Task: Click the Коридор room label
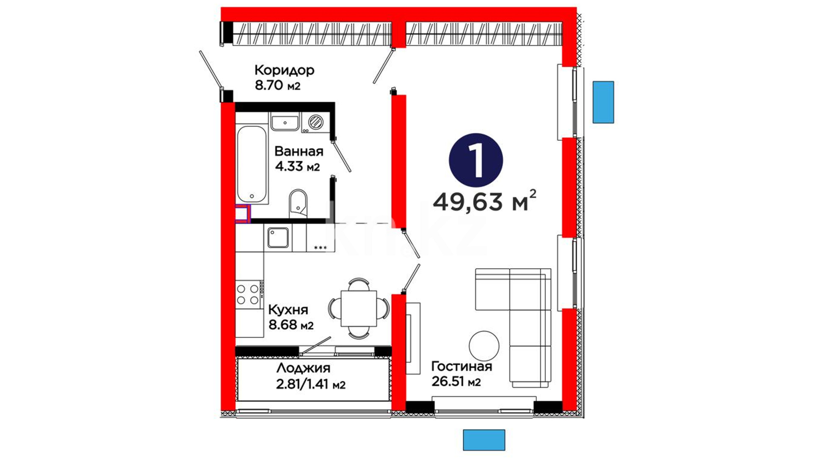[284, 70]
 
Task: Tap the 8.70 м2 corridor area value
[277, 86]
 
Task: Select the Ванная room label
[299, 151]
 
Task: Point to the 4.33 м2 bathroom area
[297, 167]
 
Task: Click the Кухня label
[288, 310]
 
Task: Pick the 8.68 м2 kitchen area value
[291, 325]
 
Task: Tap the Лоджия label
[303, 368]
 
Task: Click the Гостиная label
[462, 366]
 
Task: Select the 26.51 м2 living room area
[456, 381]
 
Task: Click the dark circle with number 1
[476, 160]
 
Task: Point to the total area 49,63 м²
[484, 201]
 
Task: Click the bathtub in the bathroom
[252, 164]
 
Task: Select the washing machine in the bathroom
[315, 123]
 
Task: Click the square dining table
[359, 308]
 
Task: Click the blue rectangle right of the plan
[603, 102]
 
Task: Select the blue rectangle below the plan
[484, 440]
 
